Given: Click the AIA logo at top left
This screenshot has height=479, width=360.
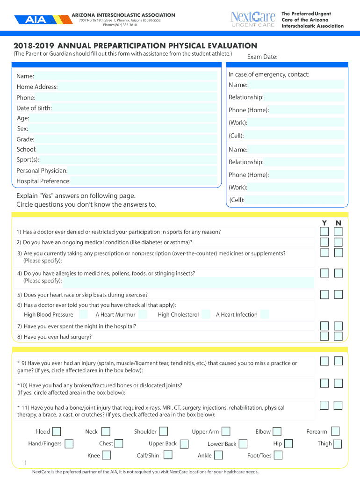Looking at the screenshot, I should (36, 20).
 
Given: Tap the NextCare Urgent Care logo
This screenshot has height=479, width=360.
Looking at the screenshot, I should (253, 19).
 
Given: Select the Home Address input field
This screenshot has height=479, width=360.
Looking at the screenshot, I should (138, 87).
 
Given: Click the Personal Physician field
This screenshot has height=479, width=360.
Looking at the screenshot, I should (143, 171).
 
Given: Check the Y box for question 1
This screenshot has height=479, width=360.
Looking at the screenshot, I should (324, 232).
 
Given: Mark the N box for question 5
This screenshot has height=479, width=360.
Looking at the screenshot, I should (338, 294).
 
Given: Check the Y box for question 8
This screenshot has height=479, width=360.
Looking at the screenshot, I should (324, 336).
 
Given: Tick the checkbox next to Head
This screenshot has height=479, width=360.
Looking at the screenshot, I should (57, 431).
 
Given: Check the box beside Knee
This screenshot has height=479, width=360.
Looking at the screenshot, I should (106, 455).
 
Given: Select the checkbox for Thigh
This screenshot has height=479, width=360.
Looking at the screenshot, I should (337, 443).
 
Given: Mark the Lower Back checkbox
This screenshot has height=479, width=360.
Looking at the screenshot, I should (243, 443).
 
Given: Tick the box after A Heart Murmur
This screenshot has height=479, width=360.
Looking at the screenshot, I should (143, 314).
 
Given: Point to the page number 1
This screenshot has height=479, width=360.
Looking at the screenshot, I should (25, 464).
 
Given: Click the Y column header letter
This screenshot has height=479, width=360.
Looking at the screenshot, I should (324, 223).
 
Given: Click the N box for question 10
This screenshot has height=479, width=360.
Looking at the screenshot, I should (338, 383).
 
